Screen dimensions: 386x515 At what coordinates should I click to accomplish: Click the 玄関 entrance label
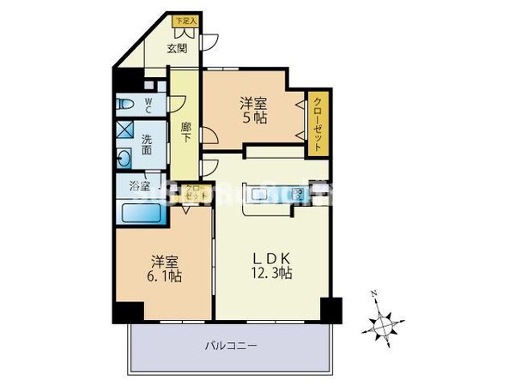pyautogui.click(x=176, y=47)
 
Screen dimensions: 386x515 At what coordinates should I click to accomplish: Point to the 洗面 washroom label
pyautogui.click(x=147, y=146)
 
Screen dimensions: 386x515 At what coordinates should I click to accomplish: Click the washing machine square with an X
pyautogui.click(x=124, y=131)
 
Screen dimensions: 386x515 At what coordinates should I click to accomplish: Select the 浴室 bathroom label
pyautogui.click(x=140, y=185)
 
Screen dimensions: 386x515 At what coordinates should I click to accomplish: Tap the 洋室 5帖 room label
pyautogui.click(x=253, y=111)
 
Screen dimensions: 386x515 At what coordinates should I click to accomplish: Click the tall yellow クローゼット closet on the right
pyautogui.click(x=318, y=123)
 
